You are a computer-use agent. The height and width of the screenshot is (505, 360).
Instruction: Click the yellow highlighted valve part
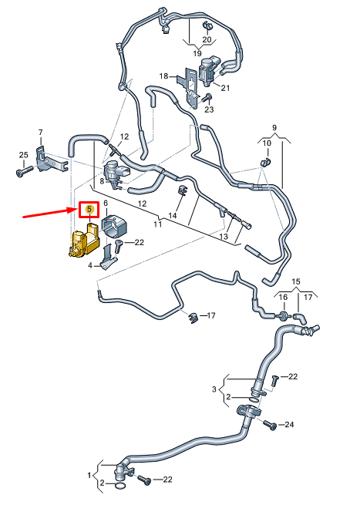84,241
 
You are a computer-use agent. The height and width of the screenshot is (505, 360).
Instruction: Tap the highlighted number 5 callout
89,209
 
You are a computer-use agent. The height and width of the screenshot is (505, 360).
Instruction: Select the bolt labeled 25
25,171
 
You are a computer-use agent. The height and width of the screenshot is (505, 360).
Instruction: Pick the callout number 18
163,76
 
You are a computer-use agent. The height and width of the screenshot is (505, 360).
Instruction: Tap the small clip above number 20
207,25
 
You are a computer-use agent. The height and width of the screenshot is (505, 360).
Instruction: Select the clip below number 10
266,162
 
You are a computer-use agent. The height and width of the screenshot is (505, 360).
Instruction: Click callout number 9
274,127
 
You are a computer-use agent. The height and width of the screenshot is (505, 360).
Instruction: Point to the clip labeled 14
183,191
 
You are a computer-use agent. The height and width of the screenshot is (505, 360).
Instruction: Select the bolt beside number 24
270,425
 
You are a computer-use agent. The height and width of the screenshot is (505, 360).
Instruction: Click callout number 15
296,281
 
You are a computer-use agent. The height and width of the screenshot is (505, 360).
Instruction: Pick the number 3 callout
214,389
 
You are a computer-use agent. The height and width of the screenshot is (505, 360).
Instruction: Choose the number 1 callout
89,475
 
